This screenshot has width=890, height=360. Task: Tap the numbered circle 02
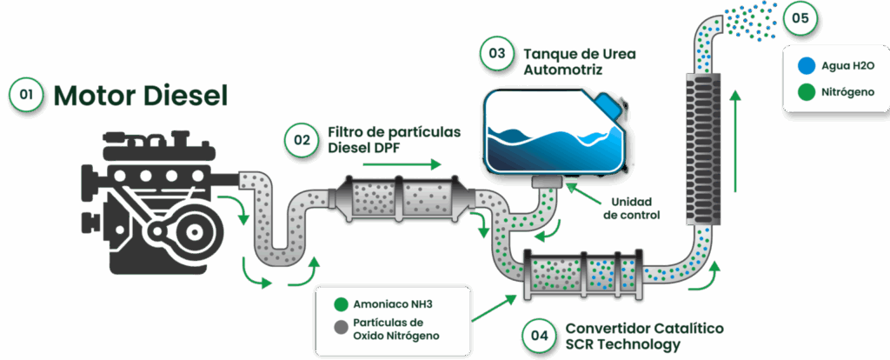point(302,139)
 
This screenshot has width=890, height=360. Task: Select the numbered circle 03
point(496,54)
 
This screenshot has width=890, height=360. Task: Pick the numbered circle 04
point(539,336)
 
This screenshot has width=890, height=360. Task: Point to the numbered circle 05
point(800,17)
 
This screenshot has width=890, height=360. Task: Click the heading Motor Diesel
point(140,96)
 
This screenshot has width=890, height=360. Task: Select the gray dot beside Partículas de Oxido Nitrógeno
point(341,328)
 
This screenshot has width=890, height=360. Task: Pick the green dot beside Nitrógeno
point(806,91)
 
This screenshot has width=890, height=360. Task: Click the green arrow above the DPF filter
point(402,164)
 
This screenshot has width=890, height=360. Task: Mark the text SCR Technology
point(622,344)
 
